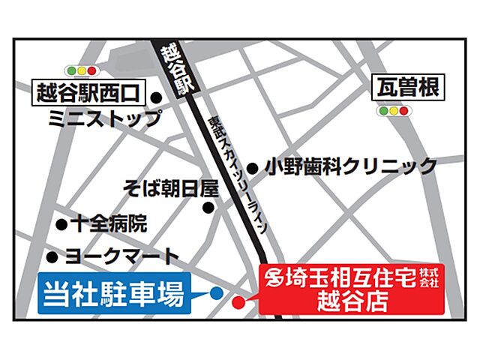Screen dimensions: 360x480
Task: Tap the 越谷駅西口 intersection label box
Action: (x=89, y=94)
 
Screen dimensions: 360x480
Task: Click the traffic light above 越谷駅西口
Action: (x=84, y=71)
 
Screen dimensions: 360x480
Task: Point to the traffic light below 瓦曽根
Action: (x=394, y=111)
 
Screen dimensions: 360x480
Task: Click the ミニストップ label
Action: (x=103, y=118)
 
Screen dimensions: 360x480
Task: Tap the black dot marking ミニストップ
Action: (x=157, y=97)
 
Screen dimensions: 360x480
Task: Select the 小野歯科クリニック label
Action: (x=350, y=166)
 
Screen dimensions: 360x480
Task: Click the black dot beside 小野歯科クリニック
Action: (x=253, y=169)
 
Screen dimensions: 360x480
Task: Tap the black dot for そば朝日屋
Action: (x=209, y=208)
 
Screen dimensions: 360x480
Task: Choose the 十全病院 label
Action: (x=109, y=223)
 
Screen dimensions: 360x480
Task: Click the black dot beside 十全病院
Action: (x=61, y=224)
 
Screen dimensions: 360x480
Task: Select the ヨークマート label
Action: (x=122, y=256)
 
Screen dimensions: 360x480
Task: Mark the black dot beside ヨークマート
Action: (x=52, y=256)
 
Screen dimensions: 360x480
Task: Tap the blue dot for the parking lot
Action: (x=216, y=293)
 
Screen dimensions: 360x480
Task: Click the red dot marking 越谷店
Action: (x=238, y=303)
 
